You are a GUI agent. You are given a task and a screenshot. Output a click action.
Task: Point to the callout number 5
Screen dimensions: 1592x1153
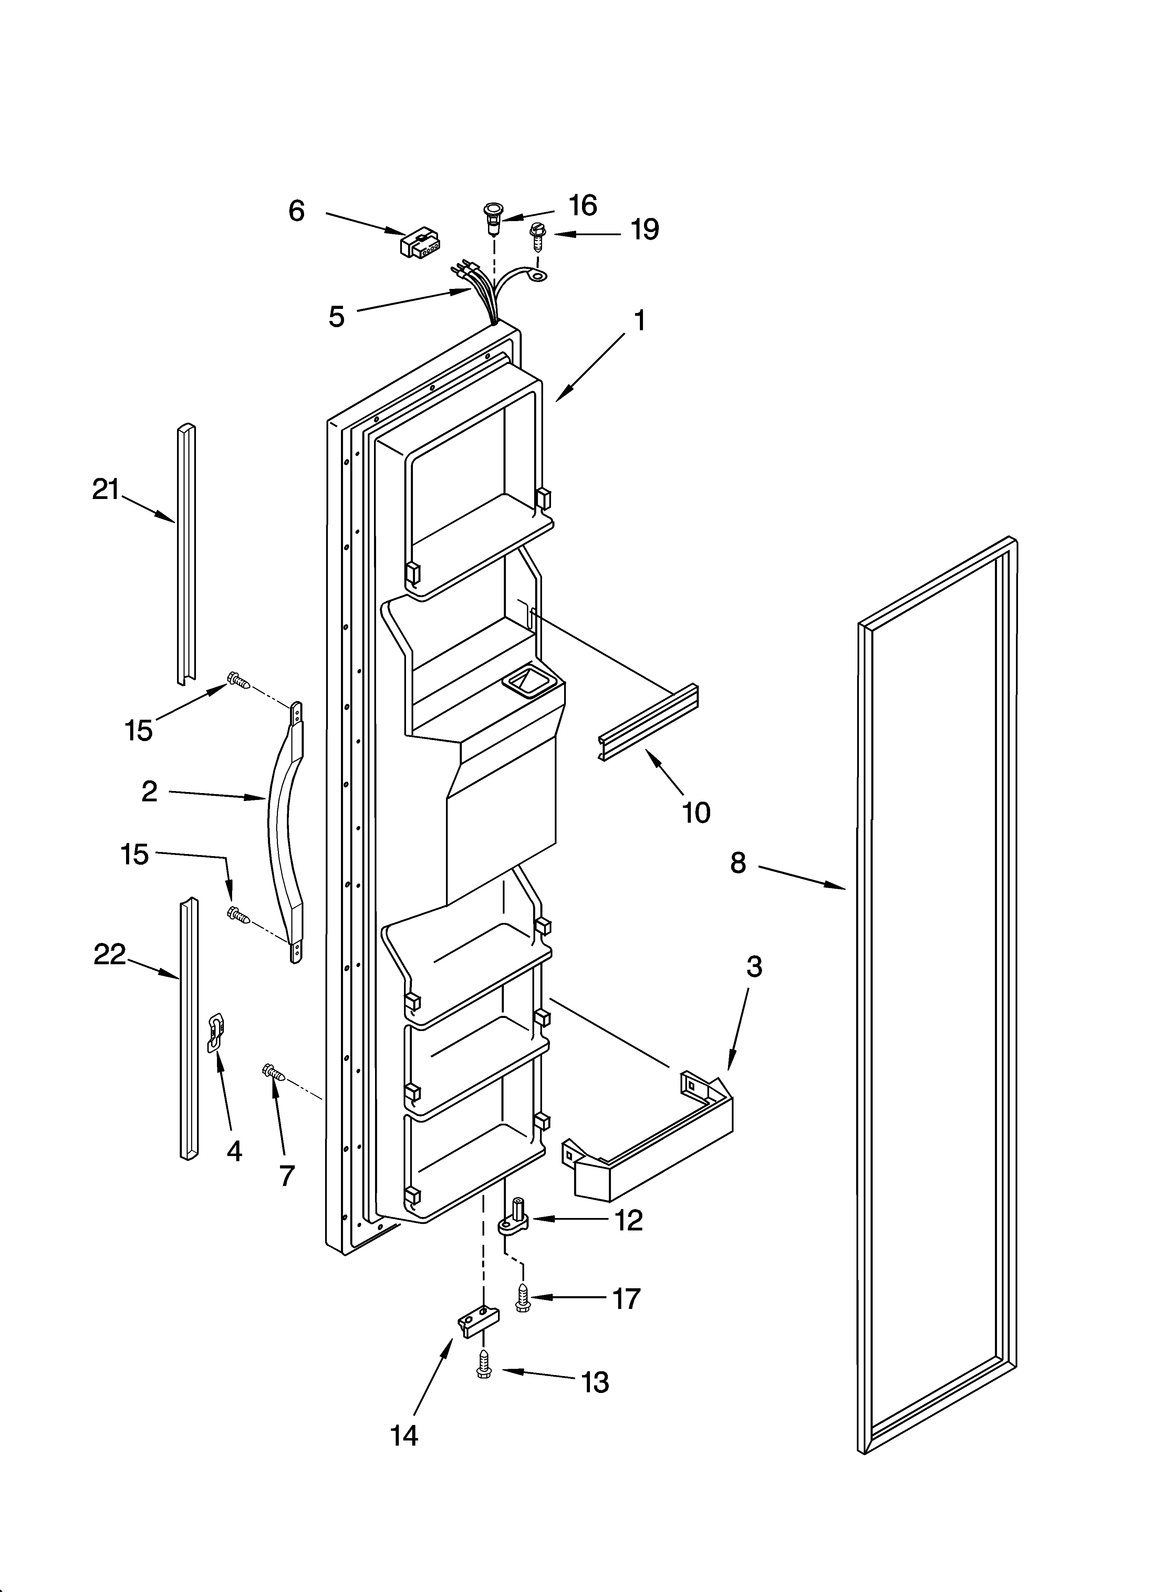click(x=337, y=316)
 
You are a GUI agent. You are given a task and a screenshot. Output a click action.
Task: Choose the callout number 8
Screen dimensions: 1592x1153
click(x=737, y=862)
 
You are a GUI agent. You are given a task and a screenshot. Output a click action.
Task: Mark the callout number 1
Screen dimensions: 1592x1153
click(x=639, y=321)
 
